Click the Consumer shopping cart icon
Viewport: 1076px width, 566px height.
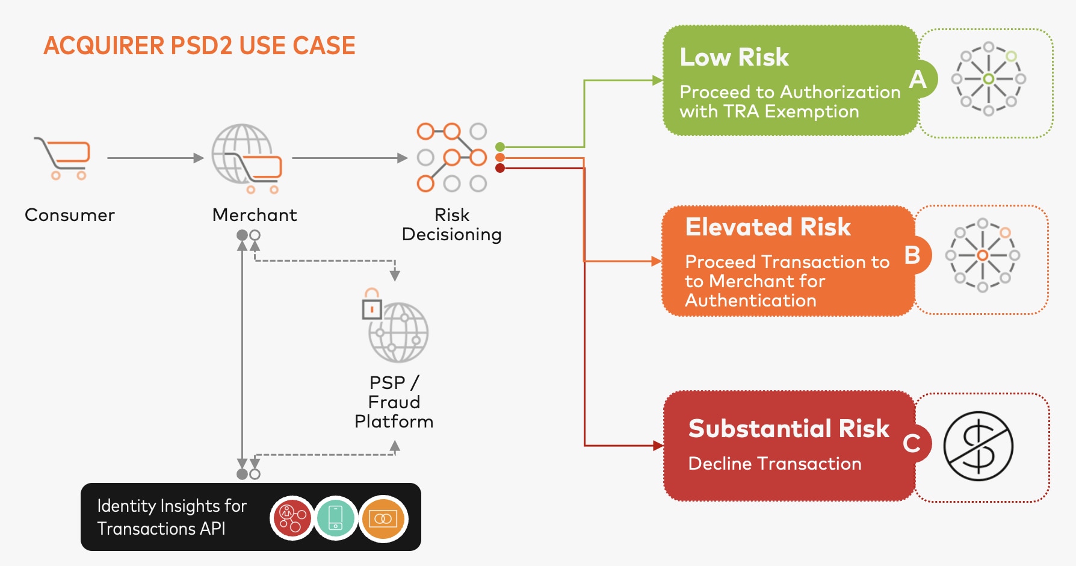(x=63, y=158)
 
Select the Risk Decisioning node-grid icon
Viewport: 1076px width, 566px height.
(x=451, y=157)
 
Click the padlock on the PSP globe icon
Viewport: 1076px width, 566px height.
(x=372, y=304)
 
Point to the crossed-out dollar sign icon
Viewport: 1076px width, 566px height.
(x=979, y=446)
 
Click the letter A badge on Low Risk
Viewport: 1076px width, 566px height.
(x=918, y=79)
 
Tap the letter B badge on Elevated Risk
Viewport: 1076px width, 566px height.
(x=912, y=255)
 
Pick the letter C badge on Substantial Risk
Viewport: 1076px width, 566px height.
(x=912, y=444)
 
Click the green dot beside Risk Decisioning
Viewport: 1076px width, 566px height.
(x=500, y=147)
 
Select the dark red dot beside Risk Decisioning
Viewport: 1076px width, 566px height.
(x=500, y=168)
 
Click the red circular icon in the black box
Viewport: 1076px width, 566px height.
(x=292, y=518)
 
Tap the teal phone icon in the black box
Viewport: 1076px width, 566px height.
(x=336, y=518)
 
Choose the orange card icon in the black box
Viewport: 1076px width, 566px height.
(x=383, y=518)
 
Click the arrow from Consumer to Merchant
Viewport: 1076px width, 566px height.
(x=155, y=158)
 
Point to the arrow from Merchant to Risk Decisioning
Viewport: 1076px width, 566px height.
(x=349, y=158)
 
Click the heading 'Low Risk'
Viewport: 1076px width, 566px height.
(x=734, y=57)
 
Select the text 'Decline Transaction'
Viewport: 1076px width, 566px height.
(x=775, y=464)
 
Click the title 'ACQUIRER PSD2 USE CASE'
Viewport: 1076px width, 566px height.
(x=199, y=46)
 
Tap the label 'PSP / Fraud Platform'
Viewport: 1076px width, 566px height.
(x=394, y=402)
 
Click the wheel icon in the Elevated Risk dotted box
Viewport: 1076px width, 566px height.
(x=982, y=255)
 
